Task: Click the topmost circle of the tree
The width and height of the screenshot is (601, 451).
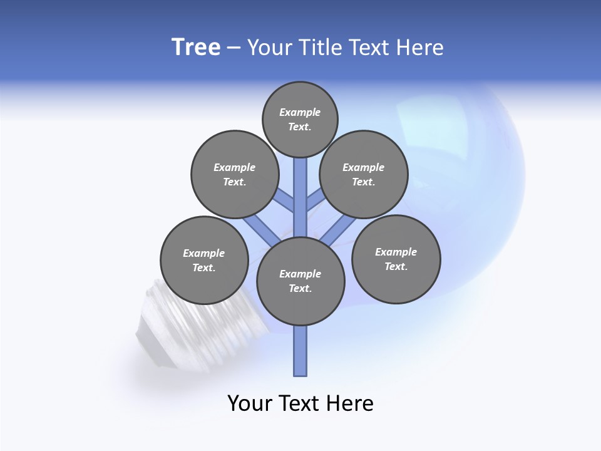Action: click(300, 119)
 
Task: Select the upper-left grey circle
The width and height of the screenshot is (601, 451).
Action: click(235, 174)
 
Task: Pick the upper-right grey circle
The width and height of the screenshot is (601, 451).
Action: click(364, 174)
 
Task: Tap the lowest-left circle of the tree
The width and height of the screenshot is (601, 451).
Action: click(204, 260)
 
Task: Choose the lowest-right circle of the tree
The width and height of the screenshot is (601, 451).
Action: click(396, 259)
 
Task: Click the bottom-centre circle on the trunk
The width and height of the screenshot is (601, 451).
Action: click(300, 281)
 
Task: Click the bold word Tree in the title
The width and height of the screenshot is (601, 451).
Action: click(196, 48)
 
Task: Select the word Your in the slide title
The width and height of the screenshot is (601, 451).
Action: click(269, 48)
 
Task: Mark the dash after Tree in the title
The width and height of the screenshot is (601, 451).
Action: click(234, 48)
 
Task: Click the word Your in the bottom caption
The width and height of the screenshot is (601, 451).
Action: click(249, 403)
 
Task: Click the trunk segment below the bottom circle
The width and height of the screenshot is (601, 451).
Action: click(300, 351)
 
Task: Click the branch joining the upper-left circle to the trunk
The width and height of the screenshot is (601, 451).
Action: click(285, 202)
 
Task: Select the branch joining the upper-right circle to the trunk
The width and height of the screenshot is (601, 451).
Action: click(315, 202)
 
